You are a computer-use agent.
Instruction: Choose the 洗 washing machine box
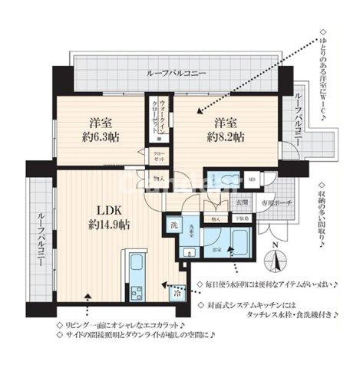[x=174, y=226]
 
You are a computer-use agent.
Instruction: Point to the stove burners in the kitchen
[x=137, y=292]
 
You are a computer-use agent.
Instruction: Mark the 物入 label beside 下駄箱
[x=216, y=219]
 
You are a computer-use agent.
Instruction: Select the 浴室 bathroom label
[x=218, y=248]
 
